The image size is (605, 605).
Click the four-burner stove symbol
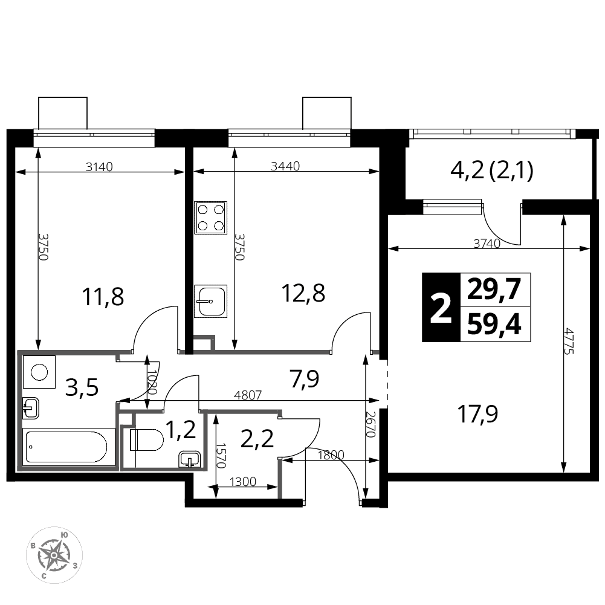[x=210, y=218]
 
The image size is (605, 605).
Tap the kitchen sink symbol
[x=210, y=301]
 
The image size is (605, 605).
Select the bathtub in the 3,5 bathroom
[x=69, y=447]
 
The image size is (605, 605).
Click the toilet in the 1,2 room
[x=147, y=440]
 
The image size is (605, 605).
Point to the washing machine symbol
[x=39, y=372]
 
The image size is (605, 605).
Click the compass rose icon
[x=54, y=555]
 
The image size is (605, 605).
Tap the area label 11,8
[x=103, y=296]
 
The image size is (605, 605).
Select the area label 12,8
[x=303, y=293]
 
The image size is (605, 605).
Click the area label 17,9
[x=477, y=414]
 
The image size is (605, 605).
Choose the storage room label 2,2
[x=257, y=439]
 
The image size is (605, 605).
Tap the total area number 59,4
[x=494, y=325]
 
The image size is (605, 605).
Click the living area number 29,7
[x=494, y=289]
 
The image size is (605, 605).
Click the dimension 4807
[x=248, y=395]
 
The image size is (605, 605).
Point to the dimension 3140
[x=99, y=167]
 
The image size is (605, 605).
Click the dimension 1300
[x=243, y=482]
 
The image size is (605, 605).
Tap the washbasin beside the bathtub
[x=31, y=408]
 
